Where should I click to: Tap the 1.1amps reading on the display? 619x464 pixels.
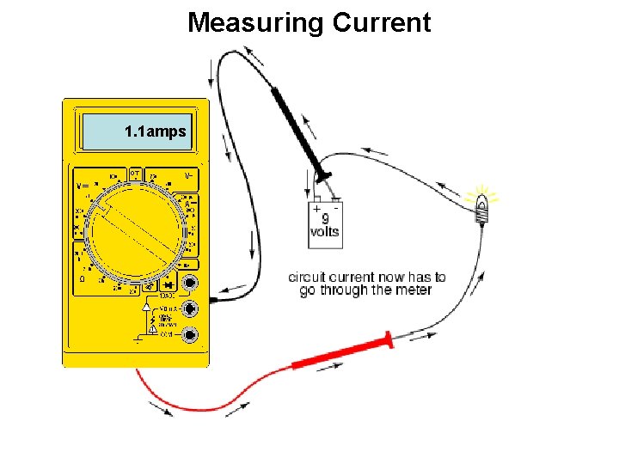[156, 132]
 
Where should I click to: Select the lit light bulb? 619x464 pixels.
[483, 205]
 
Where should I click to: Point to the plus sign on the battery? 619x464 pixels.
[316, 209]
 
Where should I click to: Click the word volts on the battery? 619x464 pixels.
[325, 232]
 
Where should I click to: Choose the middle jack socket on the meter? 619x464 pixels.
[192, 308]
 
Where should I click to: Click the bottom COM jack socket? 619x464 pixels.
[192, 334]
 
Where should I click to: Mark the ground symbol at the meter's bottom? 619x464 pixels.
[138, 339]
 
